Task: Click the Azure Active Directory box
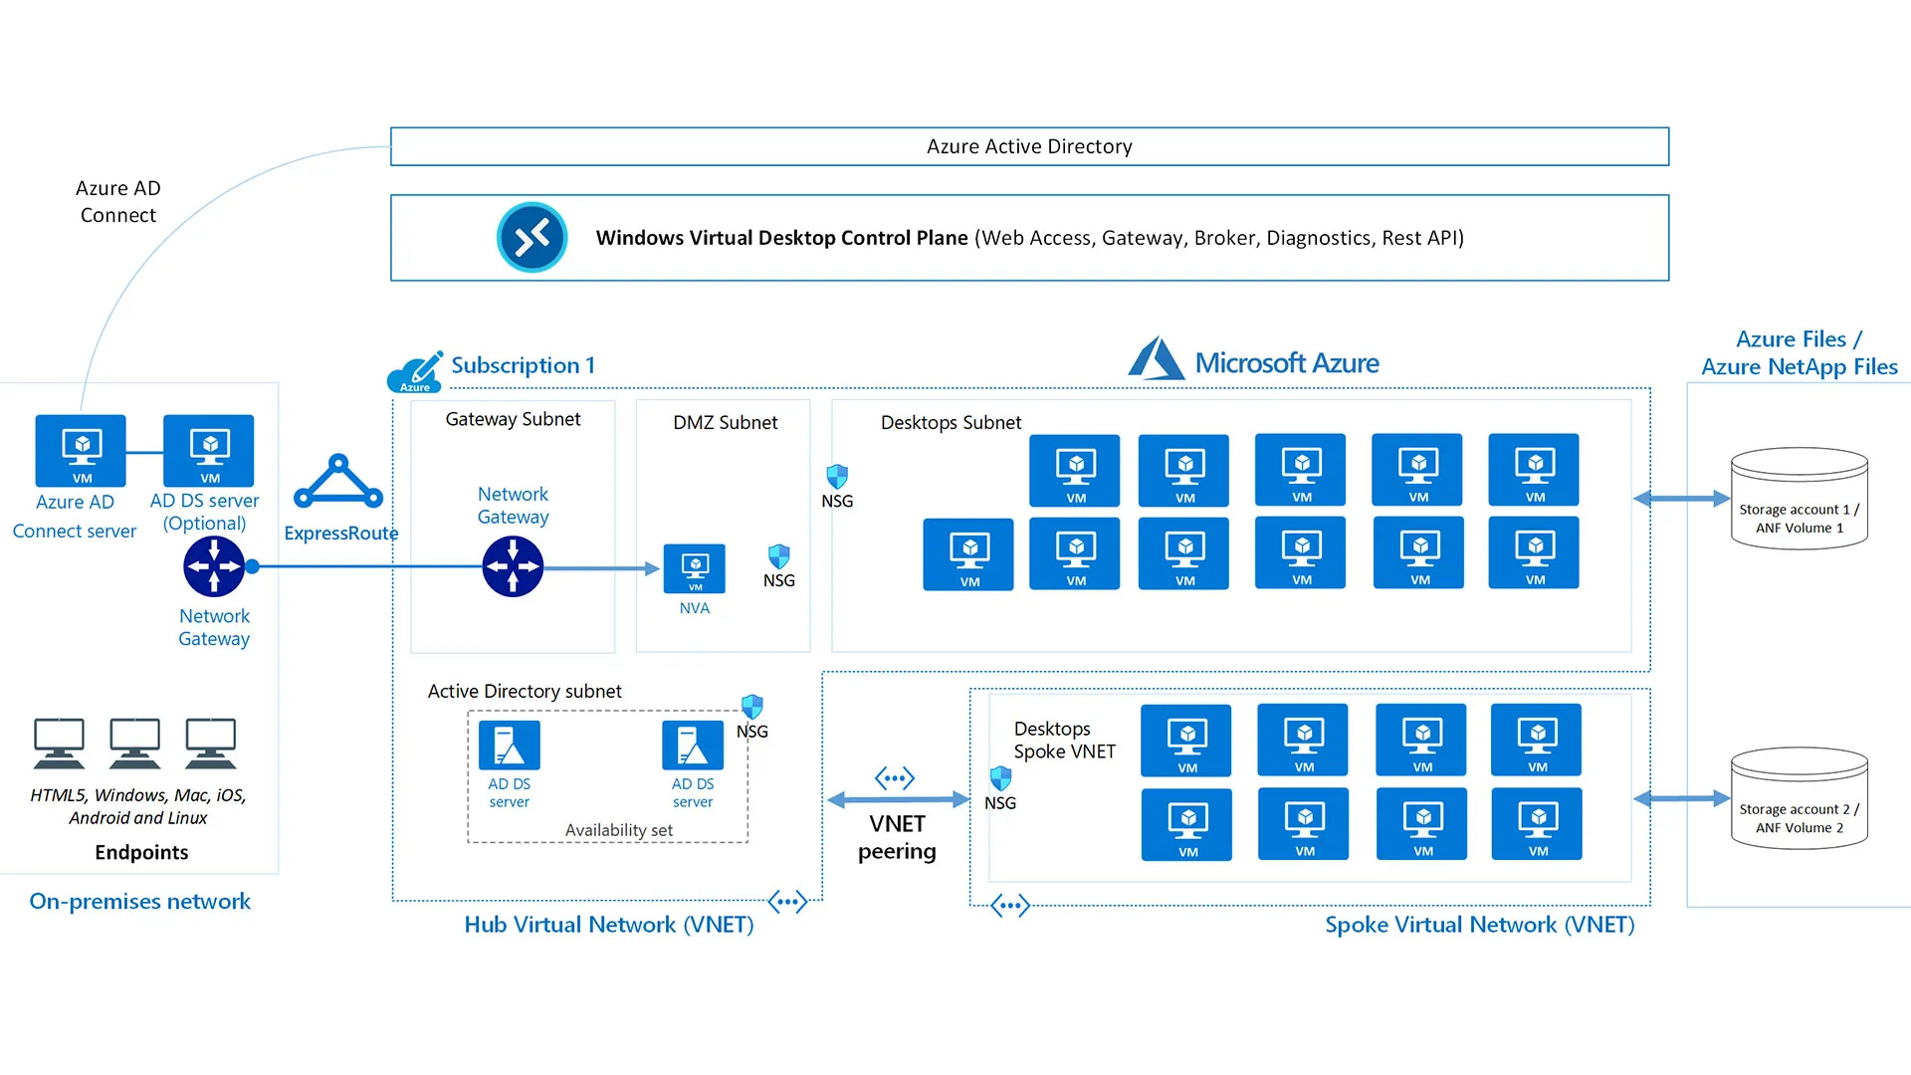click(1029, 146)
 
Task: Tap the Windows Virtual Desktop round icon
click(532, 238)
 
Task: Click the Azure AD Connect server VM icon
click(81, 451)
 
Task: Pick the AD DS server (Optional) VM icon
click(209, 451)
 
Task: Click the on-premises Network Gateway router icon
click(214, 566)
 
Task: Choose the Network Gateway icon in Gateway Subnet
click(513, 566)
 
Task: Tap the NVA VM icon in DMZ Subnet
click(695, 568)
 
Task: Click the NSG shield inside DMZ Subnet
click(779, 556)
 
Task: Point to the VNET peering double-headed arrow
click(898, 799)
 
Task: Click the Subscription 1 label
click(523, 365)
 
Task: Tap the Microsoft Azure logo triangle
click(1156, 359)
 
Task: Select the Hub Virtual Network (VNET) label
click(609, 925)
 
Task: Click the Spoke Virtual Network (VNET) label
click(1479, 925)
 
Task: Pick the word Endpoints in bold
click(141, 852)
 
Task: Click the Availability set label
click(619, 830)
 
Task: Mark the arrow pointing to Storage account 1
click(1681, 498)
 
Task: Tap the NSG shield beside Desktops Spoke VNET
click(1000, 777)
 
